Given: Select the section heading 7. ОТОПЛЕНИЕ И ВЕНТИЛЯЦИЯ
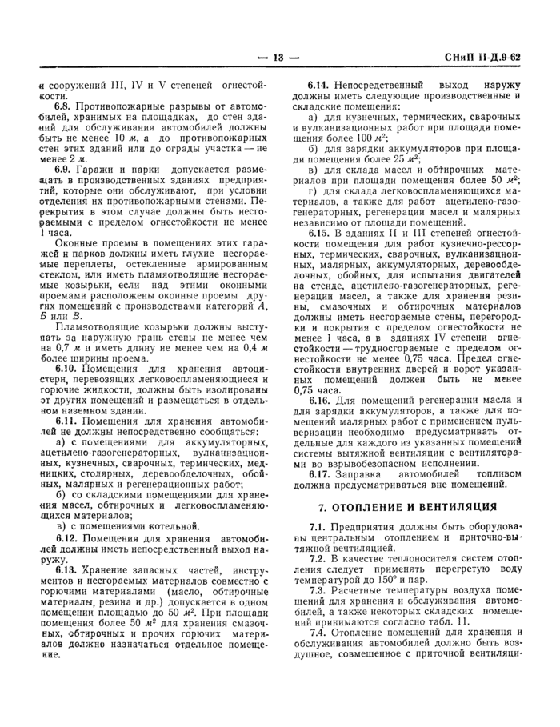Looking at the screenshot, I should coord(407,506).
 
